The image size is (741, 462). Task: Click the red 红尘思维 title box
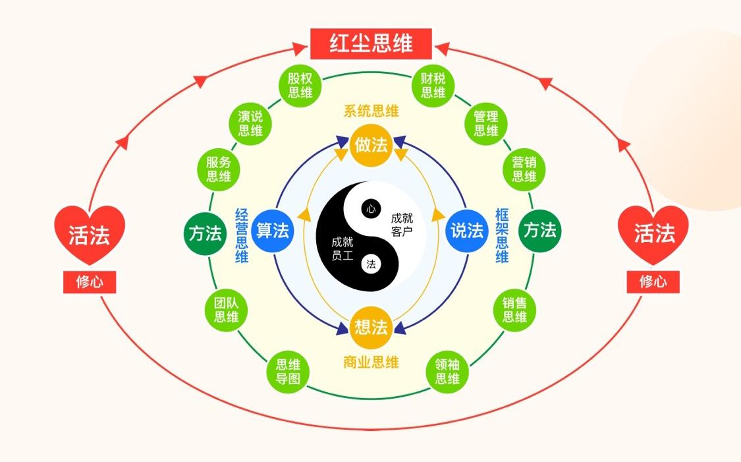coord(371,43)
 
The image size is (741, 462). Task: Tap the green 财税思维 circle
coord(433,85)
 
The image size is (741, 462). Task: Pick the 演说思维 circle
coord(250,123)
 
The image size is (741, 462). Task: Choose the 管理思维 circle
coord(486,123)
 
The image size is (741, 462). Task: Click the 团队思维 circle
coord(221,310)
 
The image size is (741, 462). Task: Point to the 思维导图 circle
coord(288,371)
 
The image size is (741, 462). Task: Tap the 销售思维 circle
coord(514,310)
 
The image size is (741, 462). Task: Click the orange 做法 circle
coord(371,144)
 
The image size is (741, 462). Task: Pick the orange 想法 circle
coord(371,327)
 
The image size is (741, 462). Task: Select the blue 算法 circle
coord(273,231)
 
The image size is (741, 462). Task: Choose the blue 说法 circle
coord(466,231)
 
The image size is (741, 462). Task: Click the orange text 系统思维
coord(371,111)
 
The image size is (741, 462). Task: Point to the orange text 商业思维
coord(371,362)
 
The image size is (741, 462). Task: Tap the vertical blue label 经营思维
coord(242,235)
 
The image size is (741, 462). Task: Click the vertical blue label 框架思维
coord(502,235)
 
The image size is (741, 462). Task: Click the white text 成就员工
coord(343,248)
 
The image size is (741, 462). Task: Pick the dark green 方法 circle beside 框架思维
coord(539,231)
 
